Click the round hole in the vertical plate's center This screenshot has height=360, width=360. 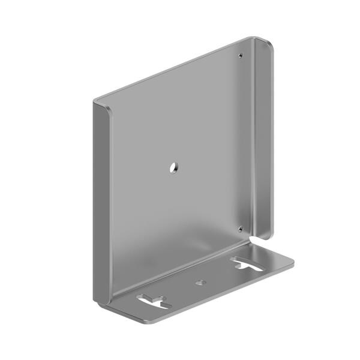pos(172,168)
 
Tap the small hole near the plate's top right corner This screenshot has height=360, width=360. pos(241,56)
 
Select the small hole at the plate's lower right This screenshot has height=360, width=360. pos(240,228)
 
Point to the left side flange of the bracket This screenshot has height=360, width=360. pos(102,198)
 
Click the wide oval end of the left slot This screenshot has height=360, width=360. pos(145,297)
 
